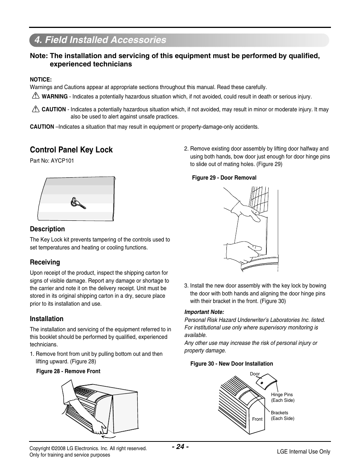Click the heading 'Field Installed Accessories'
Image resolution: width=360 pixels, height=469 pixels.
pyautogui.click(x=100, y=40)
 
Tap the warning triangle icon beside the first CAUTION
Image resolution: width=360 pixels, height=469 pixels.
pyautogui.click(x=36, y=109)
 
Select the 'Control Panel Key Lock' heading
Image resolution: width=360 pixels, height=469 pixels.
pyautogui.click(x=71, y=150)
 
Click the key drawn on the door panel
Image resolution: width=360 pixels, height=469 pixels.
pyautogui.click(x=77, y=204)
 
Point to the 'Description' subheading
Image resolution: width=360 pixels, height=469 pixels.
pyautogui.click(x=48, y=229)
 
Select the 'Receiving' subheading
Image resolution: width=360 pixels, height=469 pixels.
pyautogui.click(x=45, y=262)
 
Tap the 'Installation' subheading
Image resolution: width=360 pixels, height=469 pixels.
pyautogui.click(x=47, y=319)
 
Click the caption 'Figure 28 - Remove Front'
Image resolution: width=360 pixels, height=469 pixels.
pyautogui.click(x=68, y=371)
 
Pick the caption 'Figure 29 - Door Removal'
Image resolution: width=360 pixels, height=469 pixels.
pyautogui.click(x=224, y=178)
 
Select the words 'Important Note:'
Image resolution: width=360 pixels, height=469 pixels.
pyautogui.click(x=204, y=312)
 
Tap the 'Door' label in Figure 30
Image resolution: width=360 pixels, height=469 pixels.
pyautogui.click(x=255, y=374)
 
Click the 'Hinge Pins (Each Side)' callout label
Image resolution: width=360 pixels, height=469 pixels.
pyautogui.click(x=282, y=397)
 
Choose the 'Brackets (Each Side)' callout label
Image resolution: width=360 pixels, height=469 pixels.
pyautogui.click(x=282, y=415)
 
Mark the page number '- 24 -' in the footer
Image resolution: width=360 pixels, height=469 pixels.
pyautogui.click(x=180, y=447)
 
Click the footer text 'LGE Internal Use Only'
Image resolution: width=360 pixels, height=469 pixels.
pyautogui.click(x=303, y=452)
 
